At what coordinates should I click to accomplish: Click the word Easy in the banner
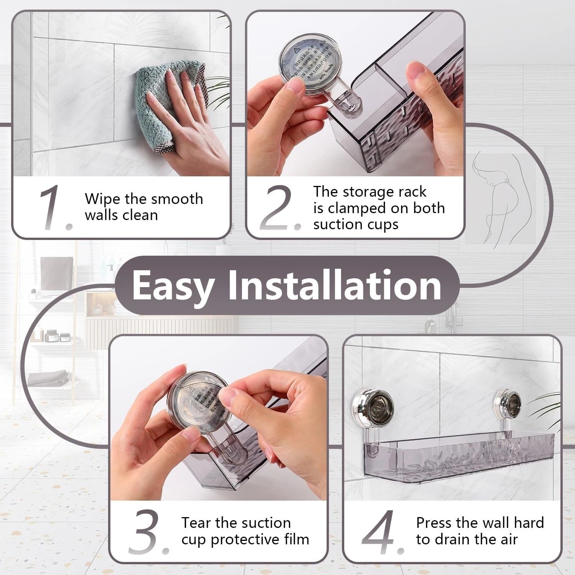pos(173,286)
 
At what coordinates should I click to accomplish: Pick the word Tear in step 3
pos(196,523)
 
